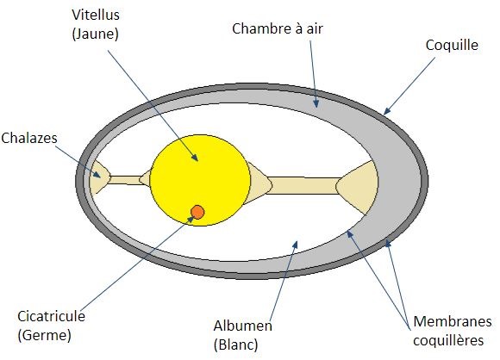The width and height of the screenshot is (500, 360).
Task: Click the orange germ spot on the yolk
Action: [x=197, y=212]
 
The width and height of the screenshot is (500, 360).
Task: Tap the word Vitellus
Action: [x=96, y=15]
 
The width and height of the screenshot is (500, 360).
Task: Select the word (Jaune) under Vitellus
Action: [x=96, y=34]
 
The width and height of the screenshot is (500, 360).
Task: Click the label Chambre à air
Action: [x=278, y=28]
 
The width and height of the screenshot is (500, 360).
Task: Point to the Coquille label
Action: [x=452, y=46]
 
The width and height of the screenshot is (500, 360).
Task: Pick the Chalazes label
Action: [x=29, y=138]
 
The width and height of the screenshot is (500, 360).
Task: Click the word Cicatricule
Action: [x=52, y=316]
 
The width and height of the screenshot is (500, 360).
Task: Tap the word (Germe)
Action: [x=45, y=335]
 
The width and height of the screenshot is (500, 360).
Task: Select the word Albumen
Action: [x=242, y=326]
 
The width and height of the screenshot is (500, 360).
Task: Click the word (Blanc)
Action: [x=236, y=344]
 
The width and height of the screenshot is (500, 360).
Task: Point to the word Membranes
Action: [x=453, y=321]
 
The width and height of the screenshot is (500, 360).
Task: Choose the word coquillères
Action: [x=448, y=340]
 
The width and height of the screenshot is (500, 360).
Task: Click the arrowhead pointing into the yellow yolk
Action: [x=195, y=158]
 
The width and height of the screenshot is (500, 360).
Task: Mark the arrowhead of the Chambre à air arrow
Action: [x=316, y=103]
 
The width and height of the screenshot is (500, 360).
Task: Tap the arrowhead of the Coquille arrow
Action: [x=386, y=111]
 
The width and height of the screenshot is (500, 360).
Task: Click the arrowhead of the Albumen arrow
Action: [x=296, y=245]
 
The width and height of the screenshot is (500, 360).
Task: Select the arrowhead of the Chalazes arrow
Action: [x=97, y=175]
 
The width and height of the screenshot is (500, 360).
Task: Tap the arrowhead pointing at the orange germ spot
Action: [x=191, y=219]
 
